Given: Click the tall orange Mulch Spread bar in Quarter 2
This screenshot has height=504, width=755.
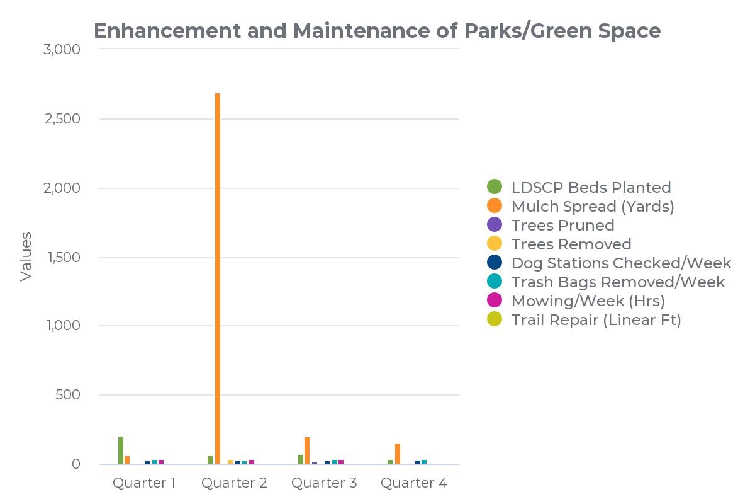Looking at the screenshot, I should [x=218, y=277].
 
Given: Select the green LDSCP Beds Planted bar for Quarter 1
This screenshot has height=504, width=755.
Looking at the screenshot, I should [x=121, y=450].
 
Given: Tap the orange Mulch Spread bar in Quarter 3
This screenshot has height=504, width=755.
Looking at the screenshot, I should [x=307, y=450].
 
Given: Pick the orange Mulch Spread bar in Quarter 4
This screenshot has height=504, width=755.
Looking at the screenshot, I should [x=398, y=454].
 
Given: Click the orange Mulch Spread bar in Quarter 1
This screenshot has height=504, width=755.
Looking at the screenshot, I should [x=127, y=460].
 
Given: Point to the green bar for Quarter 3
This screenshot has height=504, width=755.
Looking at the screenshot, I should [x=301, y=459].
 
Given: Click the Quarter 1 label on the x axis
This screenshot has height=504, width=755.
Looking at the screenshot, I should [x=144, y=483].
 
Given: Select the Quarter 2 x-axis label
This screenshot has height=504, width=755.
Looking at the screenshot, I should [x=234, y=483].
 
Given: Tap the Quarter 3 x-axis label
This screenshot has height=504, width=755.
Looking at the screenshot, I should [x=324, y=483].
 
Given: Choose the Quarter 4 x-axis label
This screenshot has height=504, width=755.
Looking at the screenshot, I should [x=414, y=483].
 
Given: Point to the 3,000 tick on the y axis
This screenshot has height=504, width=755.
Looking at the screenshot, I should [x=62, y=49].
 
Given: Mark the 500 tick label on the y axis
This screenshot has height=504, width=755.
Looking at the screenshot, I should [x=68, y=395].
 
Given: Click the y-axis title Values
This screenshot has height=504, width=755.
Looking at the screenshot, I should [x=26, y=256].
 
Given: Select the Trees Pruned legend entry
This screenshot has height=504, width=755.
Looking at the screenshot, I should [x=562, y=225].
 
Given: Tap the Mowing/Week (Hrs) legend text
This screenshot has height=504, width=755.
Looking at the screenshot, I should [x=588, y=301].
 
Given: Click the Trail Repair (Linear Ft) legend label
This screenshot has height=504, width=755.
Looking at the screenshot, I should [x=596, y=319].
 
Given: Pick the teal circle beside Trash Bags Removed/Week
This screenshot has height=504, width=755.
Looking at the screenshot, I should [x=495, y=282].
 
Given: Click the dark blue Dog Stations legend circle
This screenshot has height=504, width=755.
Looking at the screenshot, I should [x=495, y=263].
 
